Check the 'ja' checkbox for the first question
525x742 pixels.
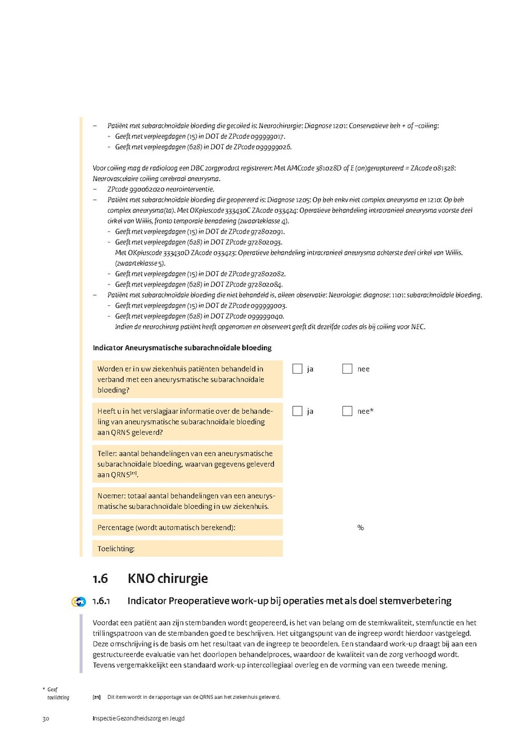click(297, 368)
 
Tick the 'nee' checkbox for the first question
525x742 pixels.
click(347, 368)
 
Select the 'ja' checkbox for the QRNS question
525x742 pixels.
click(297, 411)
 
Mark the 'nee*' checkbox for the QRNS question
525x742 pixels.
click(347, 411)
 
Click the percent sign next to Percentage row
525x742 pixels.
click(360, 528)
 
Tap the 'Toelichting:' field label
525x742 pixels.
click(116, 548)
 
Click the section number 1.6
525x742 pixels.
click(100, 579)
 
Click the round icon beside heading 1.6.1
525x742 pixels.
click(78, 602)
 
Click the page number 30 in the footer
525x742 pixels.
click(45, 719)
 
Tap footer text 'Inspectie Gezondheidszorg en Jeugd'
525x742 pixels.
click(138, 719)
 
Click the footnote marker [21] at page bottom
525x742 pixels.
click(97, 697)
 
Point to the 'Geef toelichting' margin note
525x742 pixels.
click(56, 693)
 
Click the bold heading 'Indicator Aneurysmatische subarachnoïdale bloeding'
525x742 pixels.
click(182, 348)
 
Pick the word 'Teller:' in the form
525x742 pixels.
click(108, 453)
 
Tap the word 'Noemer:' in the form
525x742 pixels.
click(111, 495)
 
